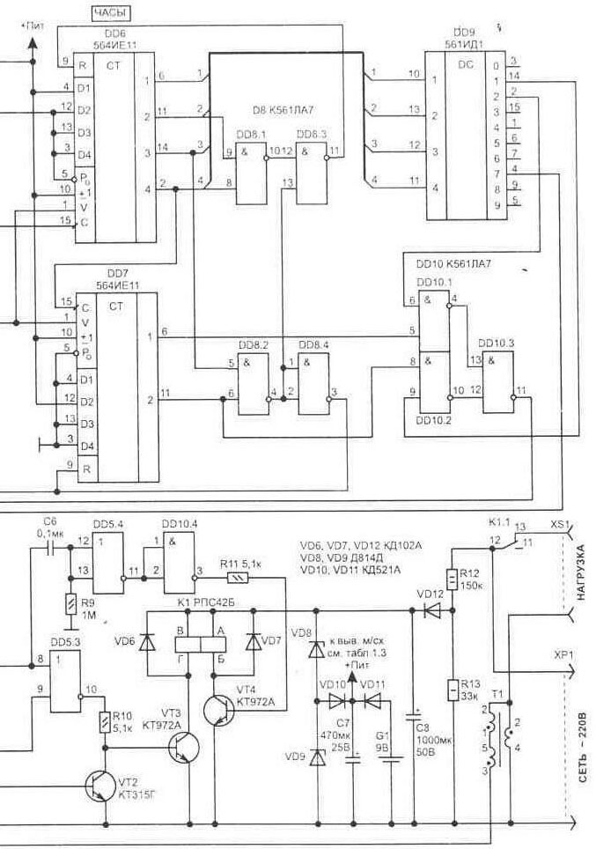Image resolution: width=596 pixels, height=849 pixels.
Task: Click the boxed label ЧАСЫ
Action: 113,13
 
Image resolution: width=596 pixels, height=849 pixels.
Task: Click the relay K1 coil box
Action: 202,642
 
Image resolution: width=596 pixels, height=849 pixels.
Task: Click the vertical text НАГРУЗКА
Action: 579,573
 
